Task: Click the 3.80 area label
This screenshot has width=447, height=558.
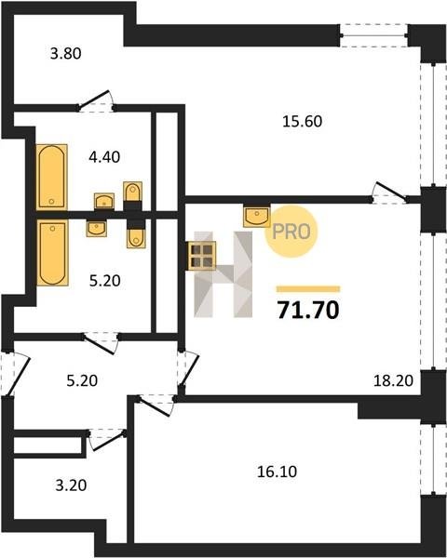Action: click(x=66, y=54)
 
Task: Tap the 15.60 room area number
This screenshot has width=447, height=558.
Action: click(x=303, y=121)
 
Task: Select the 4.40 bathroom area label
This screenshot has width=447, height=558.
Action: click(x=104, y=157)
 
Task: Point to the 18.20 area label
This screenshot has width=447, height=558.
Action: click(x=393, y=381)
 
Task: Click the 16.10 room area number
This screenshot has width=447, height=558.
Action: click(x=277, y=472)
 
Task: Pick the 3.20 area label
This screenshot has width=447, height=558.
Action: click(x=71, y=485)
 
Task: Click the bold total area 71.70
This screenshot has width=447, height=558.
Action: click(x=308, y=310)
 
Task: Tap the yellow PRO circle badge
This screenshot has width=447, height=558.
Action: click(x=291, y=232)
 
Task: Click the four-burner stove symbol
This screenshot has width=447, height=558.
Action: click(x=202, y=256)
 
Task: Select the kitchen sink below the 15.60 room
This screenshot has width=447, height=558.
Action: click(x=257, y=216)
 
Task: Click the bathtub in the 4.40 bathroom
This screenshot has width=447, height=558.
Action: click(x=52, y=177)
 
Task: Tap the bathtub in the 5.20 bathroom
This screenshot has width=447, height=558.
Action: click(x=52, y=252)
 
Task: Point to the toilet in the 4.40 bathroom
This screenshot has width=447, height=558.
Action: click(x=132, y=193)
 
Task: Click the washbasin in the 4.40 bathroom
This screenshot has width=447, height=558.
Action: click(x=104, y=202)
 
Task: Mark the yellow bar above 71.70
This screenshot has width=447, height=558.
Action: click(x=308, y=289)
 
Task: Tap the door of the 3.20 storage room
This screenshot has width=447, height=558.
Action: click(x=107, y=439)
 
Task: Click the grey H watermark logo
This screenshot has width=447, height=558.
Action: click(x=223, y=274)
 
